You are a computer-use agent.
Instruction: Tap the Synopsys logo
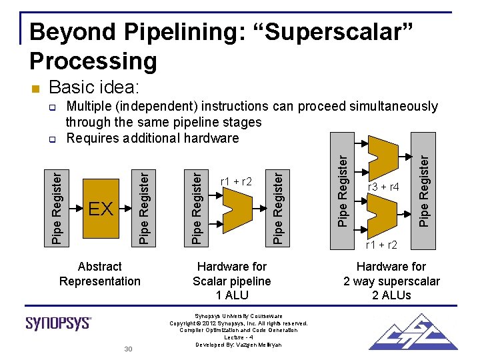point(59,323)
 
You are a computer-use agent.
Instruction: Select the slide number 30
point(128,349)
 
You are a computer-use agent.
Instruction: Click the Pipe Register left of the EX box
point(58,207)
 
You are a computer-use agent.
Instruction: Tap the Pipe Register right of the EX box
point(143,207)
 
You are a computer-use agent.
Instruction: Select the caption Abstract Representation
point(100,274)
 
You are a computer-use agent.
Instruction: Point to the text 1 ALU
point(232,295)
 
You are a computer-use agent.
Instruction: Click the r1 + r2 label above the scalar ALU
point(236,181)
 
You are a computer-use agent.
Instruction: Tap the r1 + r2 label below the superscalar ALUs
point(382,245)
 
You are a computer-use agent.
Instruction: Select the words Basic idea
point(94,87)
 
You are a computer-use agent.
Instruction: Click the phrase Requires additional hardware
point(153,138)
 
